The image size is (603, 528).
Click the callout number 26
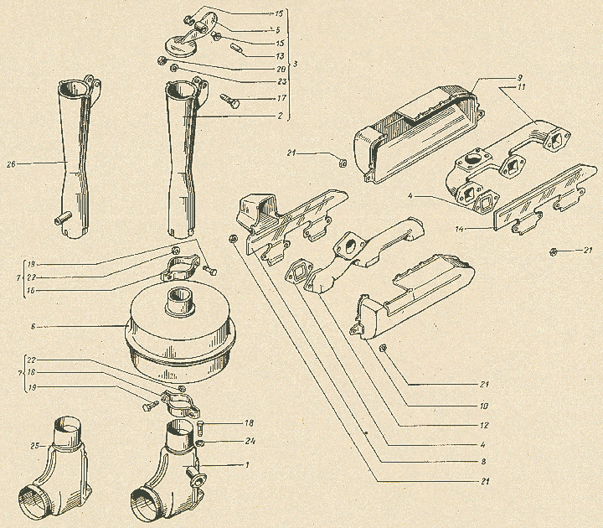11,164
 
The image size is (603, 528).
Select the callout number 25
35,446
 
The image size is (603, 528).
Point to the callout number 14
459,229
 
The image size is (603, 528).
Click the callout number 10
483,406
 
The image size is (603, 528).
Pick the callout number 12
484,425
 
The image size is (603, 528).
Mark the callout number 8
483,462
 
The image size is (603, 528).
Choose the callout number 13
280,57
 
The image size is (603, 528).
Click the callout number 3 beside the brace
296,64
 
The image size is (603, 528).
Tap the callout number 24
250,442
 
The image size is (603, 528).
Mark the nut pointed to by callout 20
162,60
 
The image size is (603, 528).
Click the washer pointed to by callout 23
173,68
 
